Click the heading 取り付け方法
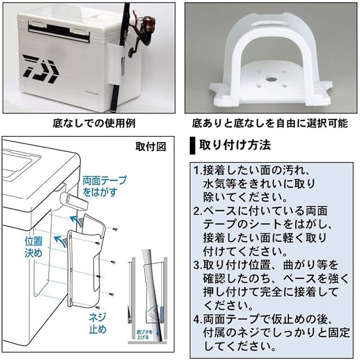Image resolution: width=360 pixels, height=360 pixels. pyautogui.click(x=234, y=144)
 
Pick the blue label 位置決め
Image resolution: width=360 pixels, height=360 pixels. pyautogui.click(x=33, y=247)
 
